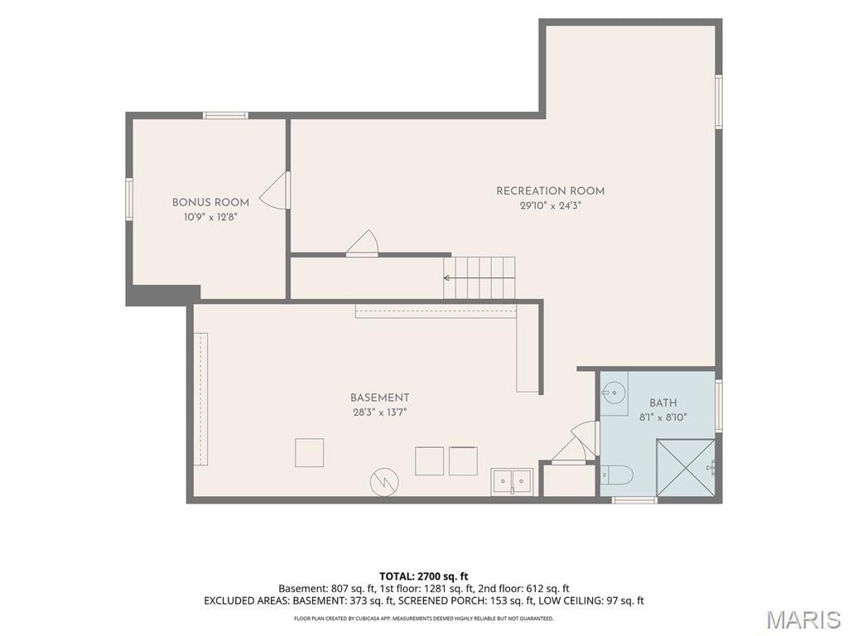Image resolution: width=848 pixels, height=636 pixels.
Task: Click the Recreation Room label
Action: (x=550, y=191)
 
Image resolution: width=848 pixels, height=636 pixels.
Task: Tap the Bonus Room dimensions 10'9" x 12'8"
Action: (x=210, y=217)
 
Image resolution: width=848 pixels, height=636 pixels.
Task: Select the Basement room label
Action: (x=379, y=397)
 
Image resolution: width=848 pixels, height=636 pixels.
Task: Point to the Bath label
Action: (x=663, y=403)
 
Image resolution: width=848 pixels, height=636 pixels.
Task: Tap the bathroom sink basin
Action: (x=613, y=391)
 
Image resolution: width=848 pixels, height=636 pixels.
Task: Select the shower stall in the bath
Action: (x=686, y=467)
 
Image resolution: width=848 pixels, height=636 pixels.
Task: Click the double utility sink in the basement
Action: (x=512, y=481)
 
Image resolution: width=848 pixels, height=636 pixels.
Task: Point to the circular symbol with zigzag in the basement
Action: (x=384, y=481)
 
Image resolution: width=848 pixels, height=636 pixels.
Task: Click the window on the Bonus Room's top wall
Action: (x=225, y=115)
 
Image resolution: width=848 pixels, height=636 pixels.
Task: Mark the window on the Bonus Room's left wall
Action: (x=129, y=199)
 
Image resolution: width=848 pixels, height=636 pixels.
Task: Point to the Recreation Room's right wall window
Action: (x=719, y=102)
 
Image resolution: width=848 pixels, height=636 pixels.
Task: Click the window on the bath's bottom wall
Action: (x=634, y=500)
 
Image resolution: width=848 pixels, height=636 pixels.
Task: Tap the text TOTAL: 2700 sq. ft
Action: (x=423, y=576)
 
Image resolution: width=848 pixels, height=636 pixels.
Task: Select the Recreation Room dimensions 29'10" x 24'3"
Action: (x=551, y=205)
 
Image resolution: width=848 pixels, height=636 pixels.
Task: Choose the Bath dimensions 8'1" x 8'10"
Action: (x=663, y=417)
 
